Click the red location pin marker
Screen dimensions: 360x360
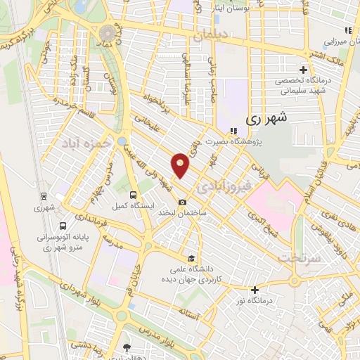click(181, 165)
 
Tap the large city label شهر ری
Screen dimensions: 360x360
click(268, 120)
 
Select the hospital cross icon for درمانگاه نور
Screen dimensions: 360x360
click(255, 290)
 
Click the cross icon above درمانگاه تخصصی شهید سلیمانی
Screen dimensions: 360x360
click(303, 70)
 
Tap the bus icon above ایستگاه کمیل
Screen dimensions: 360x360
click(133, 195)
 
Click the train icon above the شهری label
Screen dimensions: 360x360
click(44, 197)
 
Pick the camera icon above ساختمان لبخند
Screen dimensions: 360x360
click(182, 202)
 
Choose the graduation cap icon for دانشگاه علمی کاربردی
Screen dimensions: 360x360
click(190, 257)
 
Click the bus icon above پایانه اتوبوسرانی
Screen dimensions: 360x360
click(63, 226)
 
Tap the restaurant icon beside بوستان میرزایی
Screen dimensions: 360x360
click(347, 30)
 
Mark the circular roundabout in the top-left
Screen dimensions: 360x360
click(108, 34)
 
